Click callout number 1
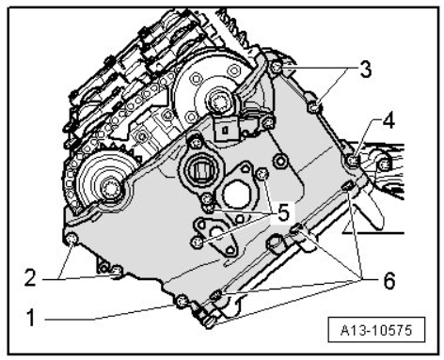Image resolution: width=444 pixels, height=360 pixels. point(31,317)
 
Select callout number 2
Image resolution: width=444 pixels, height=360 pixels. point(30,277)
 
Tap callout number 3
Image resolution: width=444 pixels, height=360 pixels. point(366,69)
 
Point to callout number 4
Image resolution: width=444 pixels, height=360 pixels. point(388,120)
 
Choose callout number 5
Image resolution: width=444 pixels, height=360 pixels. point(283,213)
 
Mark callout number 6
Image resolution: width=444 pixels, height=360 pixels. point(388,280)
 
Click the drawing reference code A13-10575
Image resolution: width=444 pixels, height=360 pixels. point(376,330)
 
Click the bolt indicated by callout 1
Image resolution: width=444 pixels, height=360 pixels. point(182,302)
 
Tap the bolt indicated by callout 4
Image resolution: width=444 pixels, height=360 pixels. point(353,161)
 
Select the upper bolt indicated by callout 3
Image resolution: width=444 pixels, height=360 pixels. point(276,67)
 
